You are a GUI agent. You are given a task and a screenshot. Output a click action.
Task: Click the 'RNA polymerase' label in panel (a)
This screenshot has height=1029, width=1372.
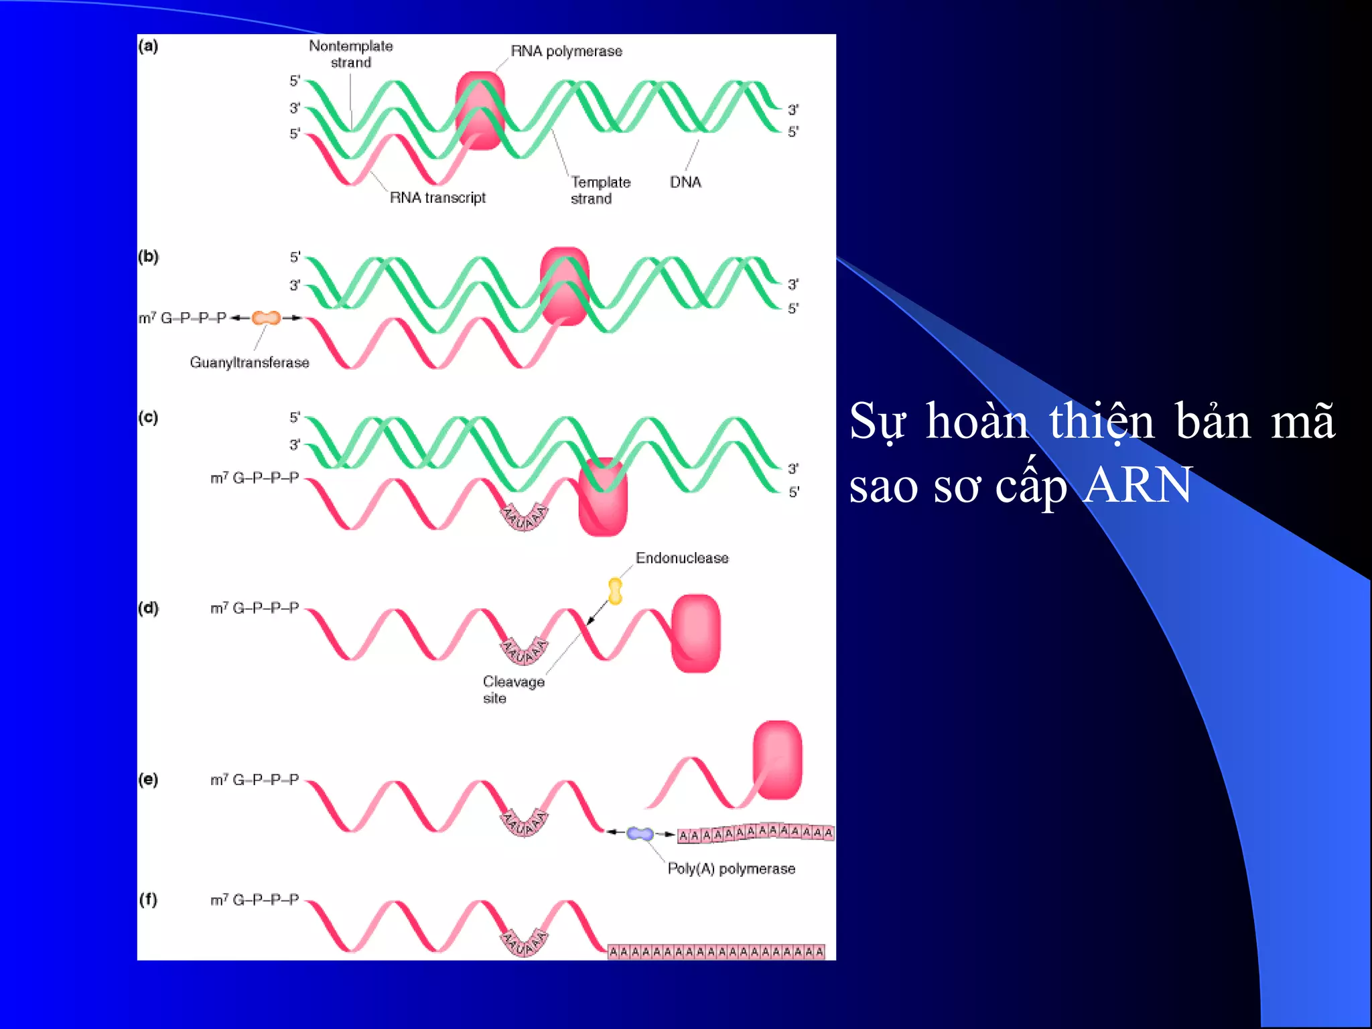tap(566, 52)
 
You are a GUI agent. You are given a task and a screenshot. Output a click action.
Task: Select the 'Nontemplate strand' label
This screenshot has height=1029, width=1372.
tap(350, 54)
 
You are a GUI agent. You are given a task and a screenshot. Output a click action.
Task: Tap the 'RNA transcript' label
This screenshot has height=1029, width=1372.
tap(437, 198)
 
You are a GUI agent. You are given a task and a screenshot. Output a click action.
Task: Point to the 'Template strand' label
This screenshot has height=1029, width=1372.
tap(600, 190)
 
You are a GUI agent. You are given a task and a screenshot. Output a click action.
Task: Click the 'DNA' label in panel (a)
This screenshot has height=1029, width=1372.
tap(685, 182)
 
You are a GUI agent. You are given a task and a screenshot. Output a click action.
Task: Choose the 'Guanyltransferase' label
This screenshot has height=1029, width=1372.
tap(249, 362)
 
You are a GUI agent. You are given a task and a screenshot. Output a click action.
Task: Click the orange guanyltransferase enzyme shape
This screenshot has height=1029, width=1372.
tap(266, 318)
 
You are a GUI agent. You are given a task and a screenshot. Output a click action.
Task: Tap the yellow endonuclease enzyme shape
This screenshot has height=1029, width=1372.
tap(615, 591)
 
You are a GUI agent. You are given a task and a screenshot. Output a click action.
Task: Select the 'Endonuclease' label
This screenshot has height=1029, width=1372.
tap(682, 558)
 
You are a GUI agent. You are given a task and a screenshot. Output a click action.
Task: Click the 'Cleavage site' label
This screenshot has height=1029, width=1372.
tap(513, 689)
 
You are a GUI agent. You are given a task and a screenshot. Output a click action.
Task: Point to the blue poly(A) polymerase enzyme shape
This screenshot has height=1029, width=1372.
tap(640, 833)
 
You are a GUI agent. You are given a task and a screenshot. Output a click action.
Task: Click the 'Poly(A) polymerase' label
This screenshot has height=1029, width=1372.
tap(731, 869)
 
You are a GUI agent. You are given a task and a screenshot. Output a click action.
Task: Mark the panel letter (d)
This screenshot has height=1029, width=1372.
tap(148, 608)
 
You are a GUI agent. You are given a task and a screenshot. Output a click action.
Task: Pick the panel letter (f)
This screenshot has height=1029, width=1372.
tap(148, 899)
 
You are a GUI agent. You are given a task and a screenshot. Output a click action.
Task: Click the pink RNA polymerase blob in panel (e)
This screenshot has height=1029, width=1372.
tap(777, 760)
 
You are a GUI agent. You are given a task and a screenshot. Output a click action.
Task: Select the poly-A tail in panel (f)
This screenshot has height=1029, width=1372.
tap(715, 951)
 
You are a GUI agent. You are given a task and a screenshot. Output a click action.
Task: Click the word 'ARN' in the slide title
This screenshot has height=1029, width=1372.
tap(1138, 485)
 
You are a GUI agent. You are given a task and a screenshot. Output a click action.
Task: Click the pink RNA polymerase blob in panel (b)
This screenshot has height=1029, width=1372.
tap(565, 286)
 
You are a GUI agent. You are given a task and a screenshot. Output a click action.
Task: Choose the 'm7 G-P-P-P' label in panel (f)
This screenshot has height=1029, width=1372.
tap(255, 900)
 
